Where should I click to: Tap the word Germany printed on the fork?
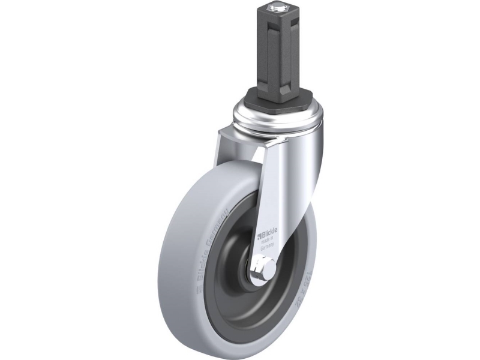tap(267, 245)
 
